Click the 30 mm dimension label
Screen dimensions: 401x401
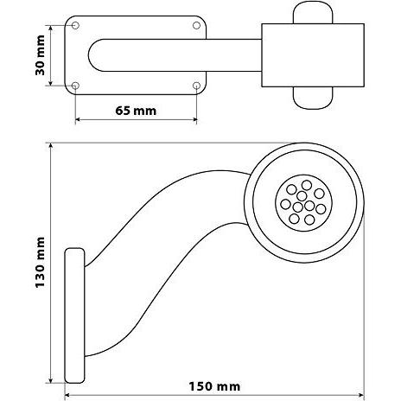pos(40,55)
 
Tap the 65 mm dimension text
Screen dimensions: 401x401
pos(136,111)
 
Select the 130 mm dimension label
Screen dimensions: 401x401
pos(40,263)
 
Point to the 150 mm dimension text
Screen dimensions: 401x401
pos(214,386)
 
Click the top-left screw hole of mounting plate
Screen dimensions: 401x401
pos(75,26)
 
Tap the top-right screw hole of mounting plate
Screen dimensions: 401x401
pos(196,26)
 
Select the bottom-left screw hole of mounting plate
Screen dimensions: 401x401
pos(75,86)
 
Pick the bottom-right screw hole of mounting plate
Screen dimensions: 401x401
pos(196,86)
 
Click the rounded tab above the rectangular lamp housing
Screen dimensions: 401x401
pos(313,13)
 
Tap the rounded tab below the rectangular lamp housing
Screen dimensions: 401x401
pos(313,98)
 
